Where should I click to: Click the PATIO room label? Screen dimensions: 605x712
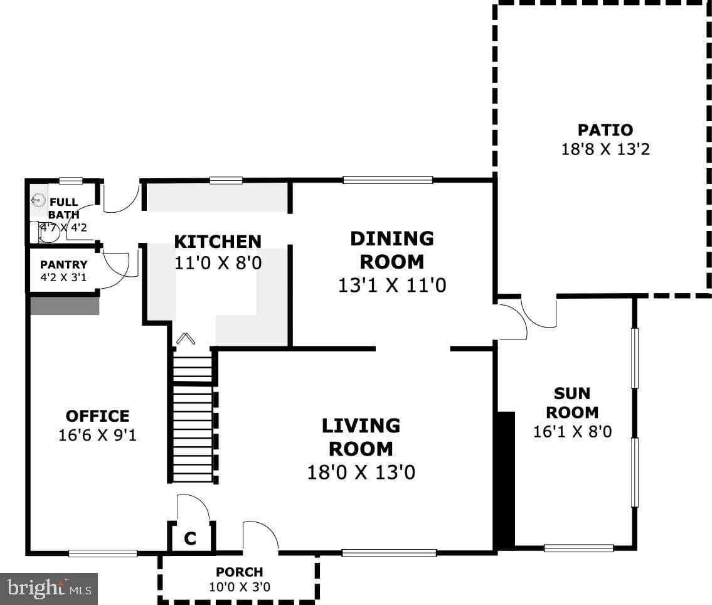[x=605, y=130]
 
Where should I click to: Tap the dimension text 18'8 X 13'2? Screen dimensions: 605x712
[x=605, y=149]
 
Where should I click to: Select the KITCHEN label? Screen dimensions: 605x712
[x=217, y=242]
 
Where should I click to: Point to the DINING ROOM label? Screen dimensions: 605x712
[x=391, y=249]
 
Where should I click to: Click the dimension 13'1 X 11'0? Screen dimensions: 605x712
[x=391, y=286]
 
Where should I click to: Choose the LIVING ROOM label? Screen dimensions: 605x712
[x=361, y=437]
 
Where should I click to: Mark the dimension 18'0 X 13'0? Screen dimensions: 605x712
[x=361, y=472]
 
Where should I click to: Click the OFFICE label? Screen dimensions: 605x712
[x=97, y=416]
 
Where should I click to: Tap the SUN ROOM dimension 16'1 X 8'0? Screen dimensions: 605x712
[x=572, y=432]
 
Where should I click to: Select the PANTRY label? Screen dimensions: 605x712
[x=63, y=265]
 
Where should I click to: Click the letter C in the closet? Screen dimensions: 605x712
[x=190, y=538]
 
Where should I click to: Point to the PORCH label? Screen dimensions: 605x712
[x=239, y=572]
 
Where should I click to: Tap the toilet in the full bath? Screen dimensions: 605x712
[x=48, y=233]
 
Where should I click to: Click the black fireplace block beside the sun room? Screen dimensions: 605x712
[x=505, y=480]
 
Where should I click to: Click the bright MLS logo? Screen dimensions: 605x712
[x=49, y=589]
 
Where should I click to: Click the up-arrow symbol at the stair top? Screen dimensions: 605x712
[x=184, y=340]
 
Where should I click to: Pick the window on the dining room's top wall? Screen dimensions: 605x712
[x=388, y=180]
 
